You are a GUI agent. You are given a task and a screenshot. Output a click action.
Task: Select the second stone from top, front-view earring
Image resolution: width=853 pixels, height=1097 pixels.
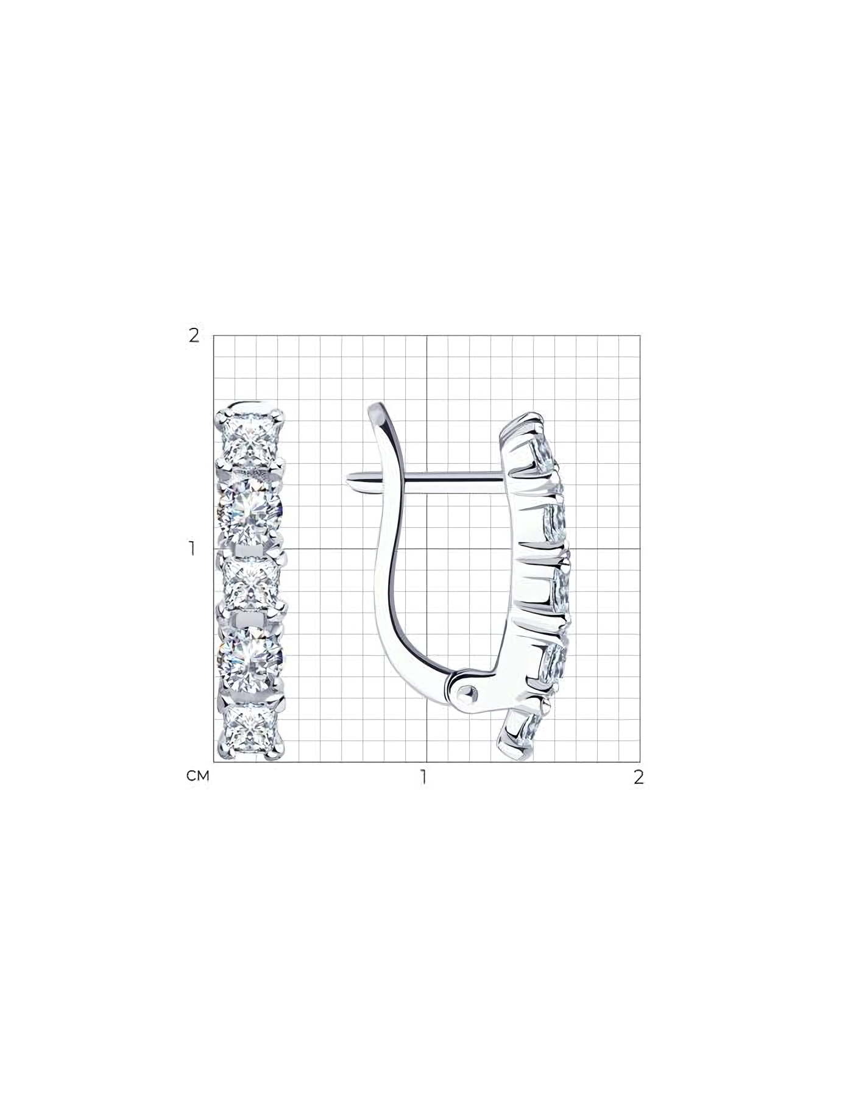pos(251,511)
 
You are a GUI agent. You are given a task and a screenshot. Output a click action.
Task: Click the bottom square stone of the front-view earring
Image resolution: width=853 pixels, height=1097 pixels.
pos(251,729)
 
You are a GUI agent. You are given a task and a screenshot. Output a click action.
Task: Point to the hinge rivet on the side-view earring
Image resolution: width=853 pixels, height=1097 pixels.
pos(468,692)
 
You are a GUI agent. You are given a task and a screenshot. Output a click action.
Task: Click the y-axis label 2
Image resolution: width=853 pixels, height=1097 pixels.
pos(194,335)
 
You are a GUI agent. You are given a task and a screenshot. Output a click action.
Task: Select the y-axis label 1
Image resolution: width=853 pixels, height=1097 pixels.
pos(193,548)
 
